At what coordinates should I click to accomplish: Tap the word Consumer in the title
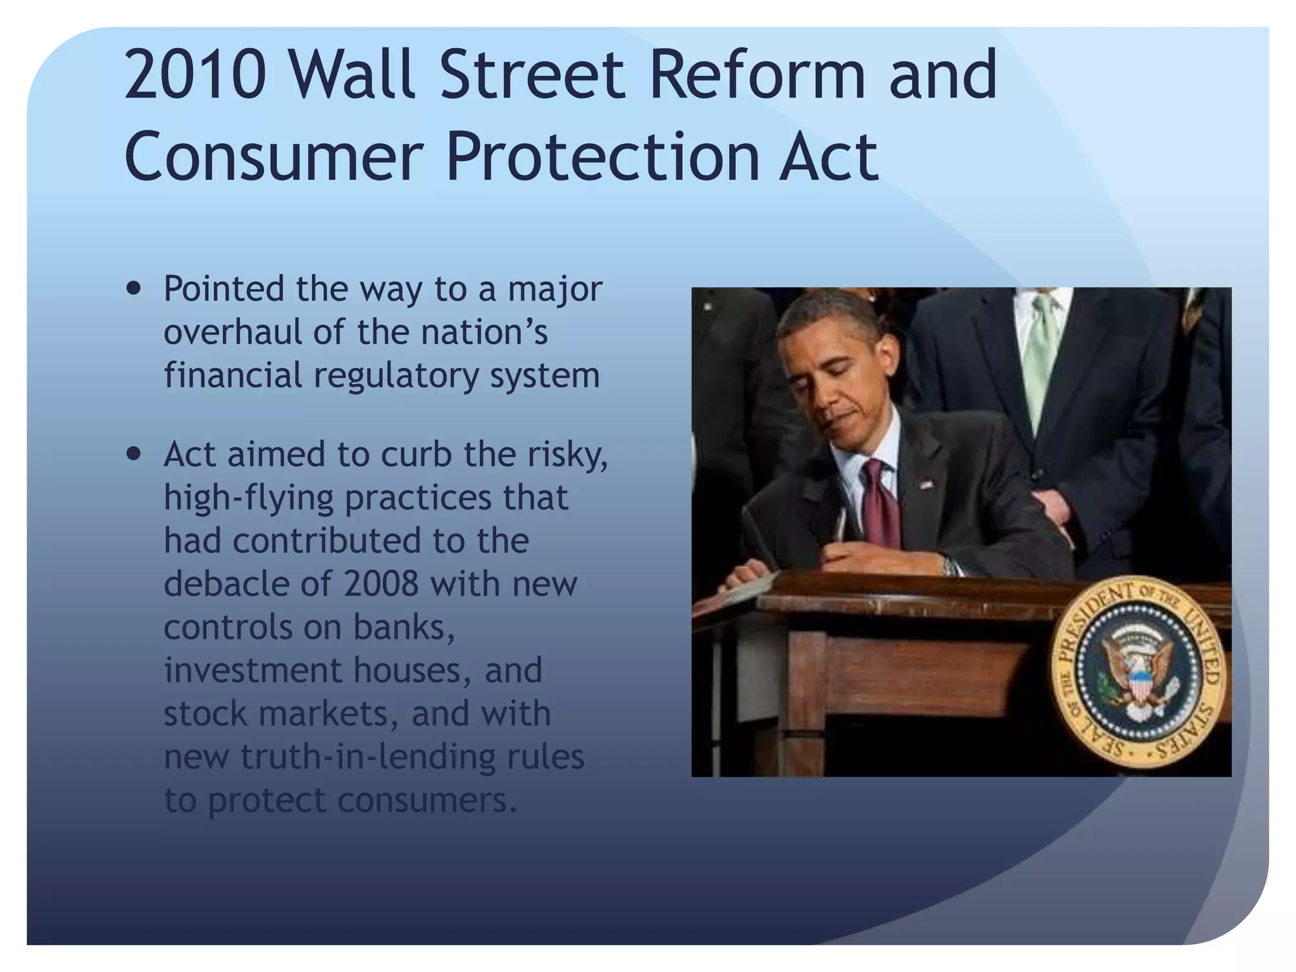pos(273,156)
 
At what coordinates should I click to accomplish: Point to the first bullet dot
pos(134,289)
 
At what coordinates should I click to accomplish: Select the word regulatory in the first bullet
pos(396,376)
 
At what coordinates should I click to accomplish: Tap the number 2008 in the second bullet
pos(381,583)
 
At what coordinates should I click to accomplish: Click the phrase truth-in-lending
pos(368,756)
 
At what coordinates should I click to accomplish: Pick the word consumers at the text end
pos(427,800)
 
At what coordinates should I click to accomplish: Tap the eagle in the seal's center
pos(1137,673)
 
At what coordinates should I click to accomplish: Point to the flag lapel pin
pos(926,485)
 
